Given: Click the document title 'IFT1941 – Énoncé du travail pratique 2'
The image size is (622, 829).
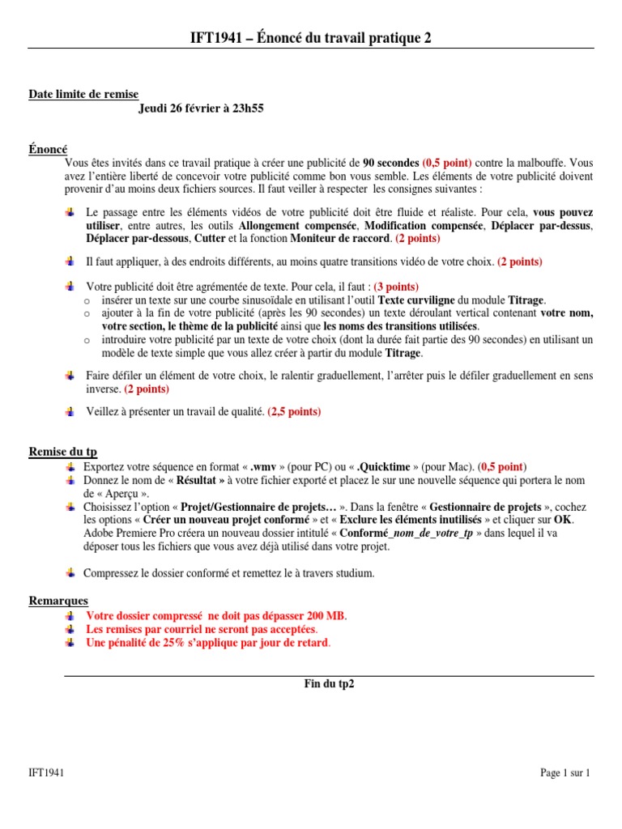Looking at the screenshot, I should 310,38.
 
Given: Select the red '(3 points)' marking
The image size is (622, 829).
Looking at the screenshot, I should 391,287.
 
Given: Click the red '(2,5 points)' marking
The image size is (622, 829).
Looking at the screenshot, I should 293,411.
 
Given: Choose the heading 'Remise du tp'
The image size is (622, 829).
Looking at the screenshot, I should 63,453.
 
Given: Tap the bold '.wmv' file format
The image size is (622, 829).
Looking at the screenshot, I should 265,467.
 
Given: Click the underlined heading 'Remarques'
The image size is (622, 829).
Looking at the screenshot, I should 58,601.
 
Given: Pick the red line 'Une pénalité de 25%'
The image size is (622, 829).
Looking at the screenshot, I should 208,643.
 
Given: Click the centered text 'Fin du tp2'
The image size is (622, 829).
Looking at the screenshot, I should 328,683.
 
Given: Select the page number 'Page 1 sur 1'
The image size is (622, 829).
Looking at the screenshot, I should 565,773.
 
